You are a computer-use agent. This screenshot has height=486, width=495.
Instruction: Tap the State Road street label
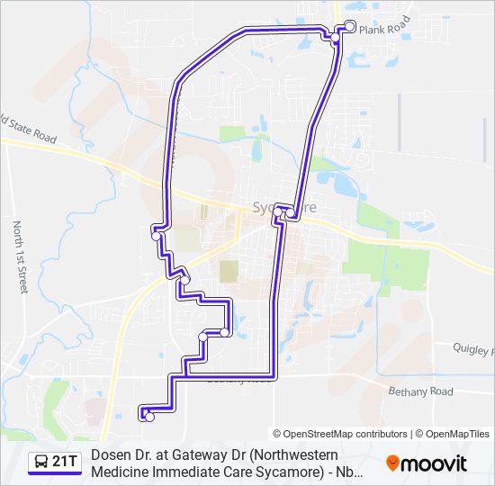coord(31,130)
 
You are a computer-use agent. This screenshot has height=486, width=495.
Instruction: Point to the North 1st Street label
coord(20,257)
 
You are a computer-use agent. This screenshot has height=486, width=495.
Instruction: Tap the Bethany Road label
coord(420,391)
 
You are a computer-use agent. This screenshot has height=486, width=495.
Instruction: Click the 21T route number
coord(65,463)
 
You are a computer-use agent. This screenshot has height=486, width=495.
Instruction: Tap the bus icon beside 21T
coord(41,463)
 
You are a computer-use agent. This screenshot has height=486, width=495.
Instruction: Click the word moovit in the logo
coord(435,463)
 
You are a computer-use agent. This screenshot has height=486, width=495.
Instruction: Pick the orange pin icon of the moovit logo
coord(393,463)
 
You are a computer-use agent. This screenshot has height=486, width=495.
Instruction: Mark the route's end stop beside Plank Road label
coord(350,25)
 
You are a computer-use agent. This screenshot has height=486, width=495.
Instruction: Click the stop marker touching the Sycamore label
coord(290,213)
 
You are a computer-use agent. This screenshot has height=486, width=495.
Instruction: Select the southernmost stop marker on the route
coord(149,417)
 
